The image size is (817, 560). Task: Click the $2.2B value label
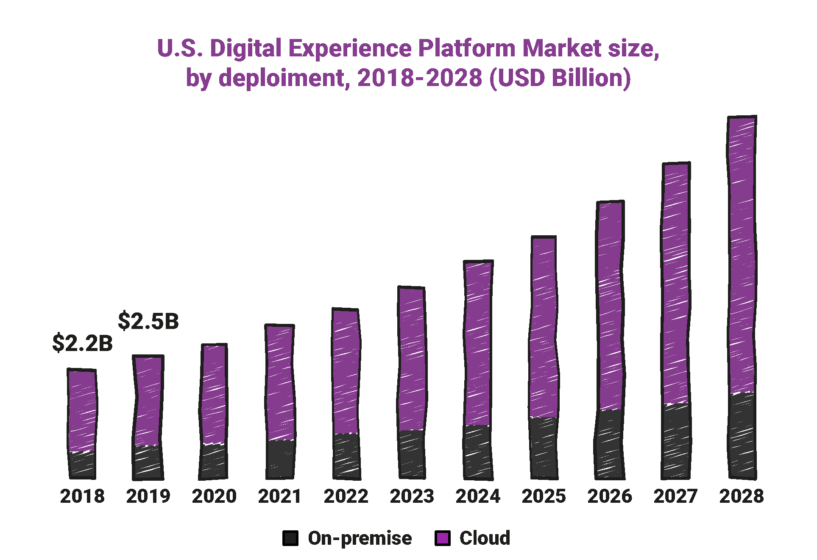click(x=82, y=343)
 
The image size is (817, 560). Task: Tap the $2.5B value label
click(x=148, y=321)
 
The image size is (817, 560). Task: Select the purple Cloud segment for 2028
click(x=742, y=254)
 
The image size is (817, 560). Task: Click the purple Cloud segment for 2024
click(x=478, y=343)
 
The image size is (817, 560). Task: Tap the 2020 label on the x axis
click(x=214, y=496)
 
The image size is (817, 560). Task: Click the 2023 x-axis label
click(x=412, y=496)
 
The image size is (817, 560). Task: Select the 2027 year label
click(x=675, y=496)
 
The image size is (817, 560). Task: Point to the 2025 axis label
click(x=544, y=496)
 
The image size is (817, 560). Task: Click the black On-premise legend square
click(x=290, y=538)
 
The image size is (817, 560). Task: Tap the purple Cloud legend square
click(x=442, y=538)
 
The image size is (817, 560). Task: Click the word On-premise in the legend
click(x=360, y=538)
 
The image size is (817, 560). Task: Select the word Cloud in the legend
click(x=485, y=538)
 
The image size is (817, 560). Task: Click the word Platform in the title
click(x=467, y=48)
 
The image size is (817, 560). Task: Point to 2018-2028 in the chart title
click(x=419, y=78)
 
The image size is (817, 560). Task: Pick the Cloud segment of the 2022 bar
click(x=346, y=371)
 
